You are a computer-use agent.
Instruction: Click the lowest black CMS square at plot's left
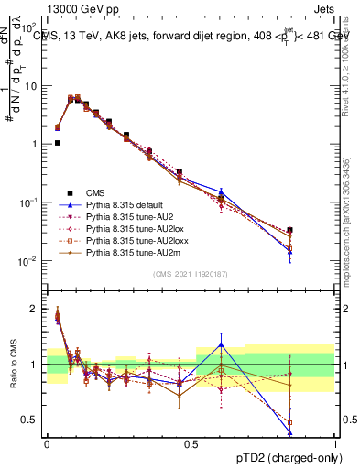57,143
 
